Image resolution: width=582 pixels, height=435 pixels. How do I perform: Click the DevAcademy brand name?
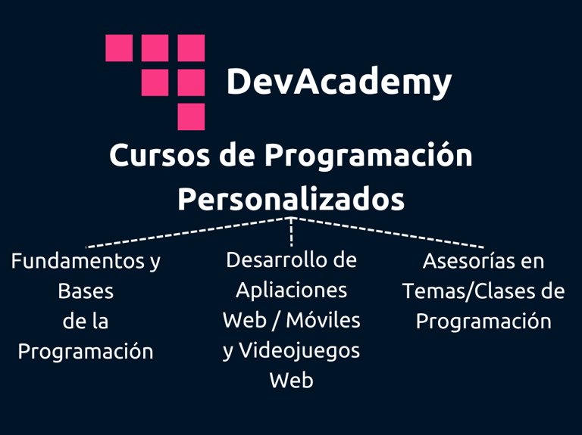click(339, 82)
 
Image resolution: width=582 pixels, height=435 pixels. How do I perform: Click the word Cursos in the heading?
click(160, 156)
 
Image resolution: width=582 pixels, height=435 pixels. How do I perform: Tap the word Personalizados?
click(291, 200)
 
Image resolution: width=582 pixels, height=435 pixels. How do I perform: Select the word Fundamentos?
click(78, 261)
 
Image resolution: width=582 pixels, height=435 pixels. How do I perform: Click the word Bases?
click(86, 291)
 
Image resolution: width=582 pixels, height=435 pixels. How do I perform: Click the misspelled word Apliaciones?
click(291, 291)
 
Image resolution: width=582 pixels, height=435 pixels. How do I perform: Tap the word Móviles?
click(324, 320)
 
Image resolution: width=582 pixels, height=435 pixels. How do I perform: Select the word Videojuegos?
click(299, 351)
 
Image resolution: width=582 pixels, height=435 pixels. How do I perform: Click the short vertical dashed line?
click(291, 232)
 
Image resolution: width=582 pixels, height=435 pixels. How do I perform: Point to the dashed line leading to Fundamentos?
click(189, 232)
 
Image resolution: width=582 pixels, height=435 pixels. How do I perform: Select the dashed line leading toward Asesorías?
click(387, 232)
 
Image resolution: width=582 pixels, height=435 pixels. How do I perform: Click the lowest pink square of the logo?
click(191, 117)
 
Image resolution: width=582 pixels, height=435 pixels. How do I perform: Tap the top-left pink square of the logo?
click(119, 48)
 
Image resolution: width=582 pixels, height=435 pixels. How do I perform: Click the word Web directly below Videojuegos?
click(291, 381)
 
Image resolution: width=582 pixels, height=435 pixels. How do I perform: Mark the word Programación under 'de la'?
click(86, 352)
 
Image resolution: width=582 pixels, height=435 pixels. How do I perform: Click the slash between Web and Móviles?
click(275, 321)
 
